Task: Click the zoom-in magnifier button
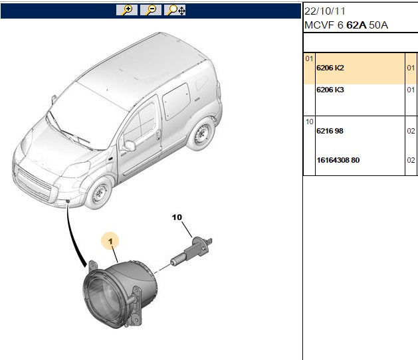(127, 10)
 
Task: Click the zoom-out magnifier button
(151, 10)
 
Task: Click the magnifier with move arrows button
(175, 10)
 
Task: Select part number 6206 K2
(330, 68)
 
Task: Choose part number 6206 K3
(330, 90)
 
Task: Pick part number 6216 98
(330, 131)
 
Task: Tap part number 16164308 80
(338, 160)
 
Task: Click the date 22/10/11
(325, 11)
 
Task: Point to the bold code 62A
(356, 25)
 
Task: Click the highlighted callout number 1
(110, 241)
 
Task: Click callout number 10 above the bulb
(177, 217)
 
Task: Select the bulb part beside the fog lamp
(191, 252)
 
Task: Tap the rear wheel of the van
(201, 135)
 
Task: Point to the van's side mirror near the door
(129, 145)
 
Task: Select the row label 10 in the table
(309, 122)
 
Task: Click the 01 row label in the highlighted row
(309, 58)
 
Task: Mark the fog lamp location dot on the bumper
(68, 201)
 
